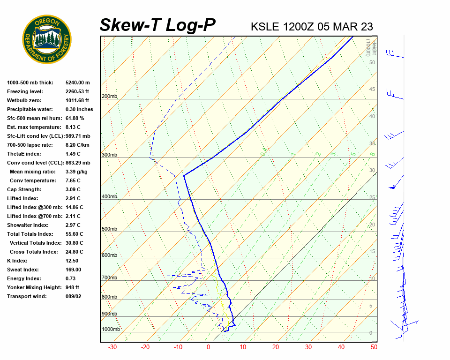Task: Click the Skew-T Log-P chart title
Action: pos(157,25)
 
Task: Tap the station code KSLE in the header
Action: pos(265,26)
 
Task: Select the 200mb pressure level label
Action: pos(109,97)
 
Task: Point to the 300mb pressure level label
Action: pos(109,155)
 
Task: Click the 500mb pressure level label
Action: pos(109,229)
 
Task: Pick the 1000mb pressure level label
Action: pos(111,329)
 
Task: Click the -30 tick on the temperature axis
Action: pos(112,347)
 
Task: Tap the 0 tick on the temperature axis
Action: pos(208,347)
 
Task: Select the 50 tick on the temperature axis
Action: pos(374,347)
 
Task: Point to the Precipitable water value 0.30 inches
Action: pos(79,109)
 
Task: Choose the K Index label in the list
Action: pos(17,261)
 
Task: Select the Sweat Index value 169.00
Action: pos(74,270)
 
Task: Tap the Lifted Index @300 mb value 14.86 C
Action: pos(75,207)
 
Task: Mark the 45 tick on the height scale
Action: pos(372,90)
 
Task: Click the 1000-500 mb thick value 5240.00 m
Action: pos(78,82)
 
